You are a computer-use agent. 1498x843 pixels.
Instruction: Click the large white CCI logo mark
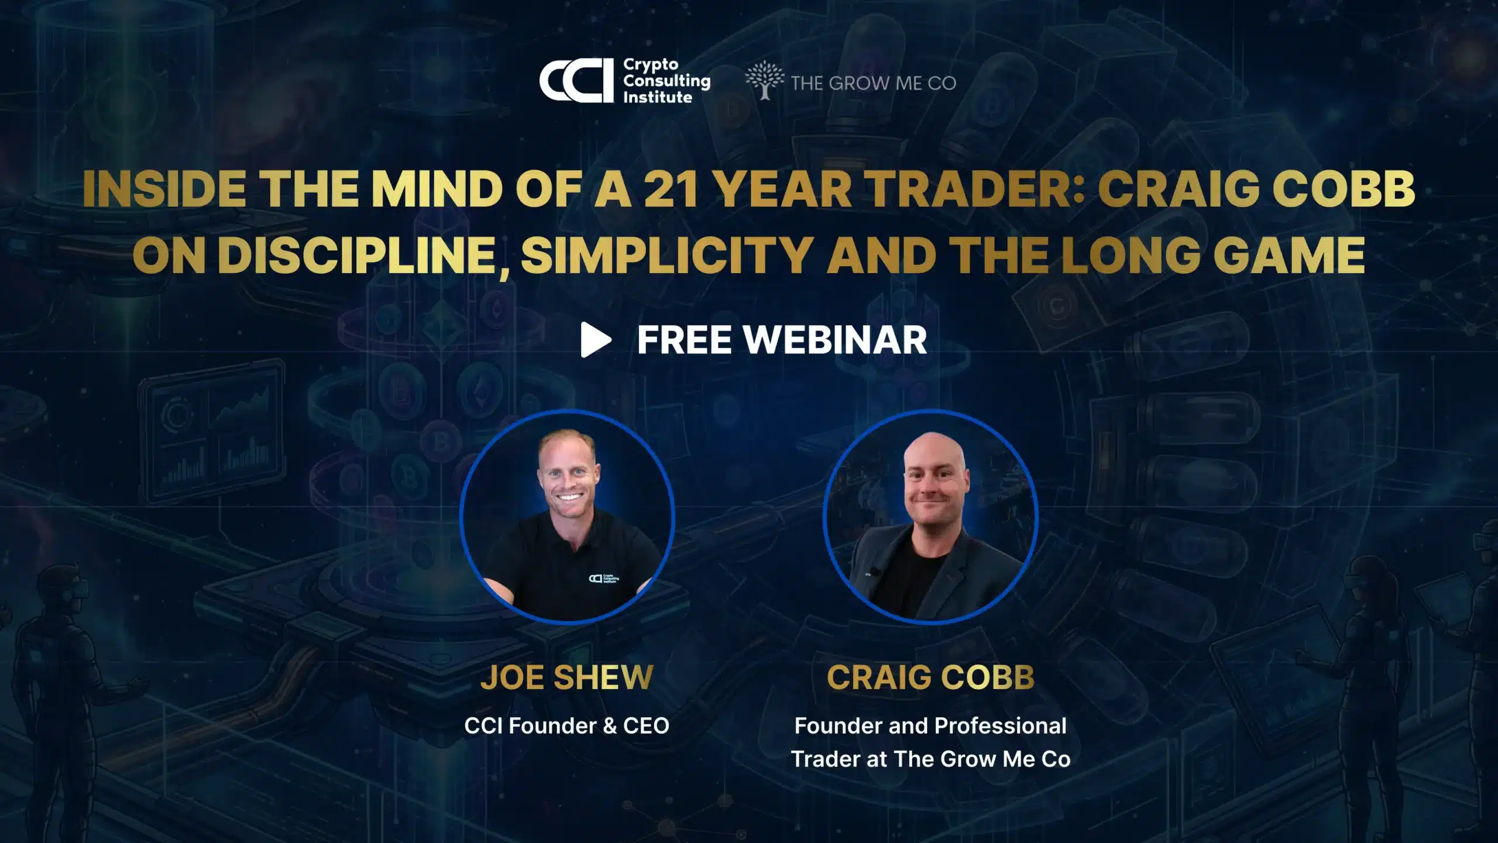click(x=576, y=81)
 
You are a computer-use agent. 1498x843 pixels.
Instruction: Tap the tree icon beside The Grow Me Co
click(x=764, y=80)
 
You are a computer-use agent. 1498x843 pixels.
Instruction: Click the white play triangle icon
click(x=596, y=339)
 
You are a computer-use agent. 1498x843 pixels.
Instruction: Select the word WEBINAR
click(x=835, y=340)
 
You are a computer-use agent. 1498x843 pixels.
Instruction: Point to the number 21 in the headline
click(x=671, y=189)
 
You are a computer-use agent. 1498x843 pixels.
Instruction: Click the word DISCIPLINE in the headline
click(x=363, y=256)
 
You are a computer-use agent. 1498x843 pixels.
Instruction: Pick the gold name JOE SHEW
click(x=566, y=677)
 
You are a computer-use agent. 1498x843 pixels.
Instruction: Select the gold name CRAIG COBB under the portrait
click(x=930, y=677)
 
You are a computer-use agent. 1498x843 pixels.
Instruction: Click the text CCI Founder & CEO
click(x=566, y=725)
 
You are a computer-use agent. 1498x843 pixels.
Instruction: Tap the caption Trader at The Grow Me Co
click(x=930, y=759)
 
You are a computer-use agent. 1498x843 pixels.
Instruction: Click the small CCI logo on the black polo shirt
click(x=603, y=579)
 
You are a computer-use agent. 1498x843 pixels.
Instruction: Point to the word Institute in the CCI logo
click(x=657, y=97)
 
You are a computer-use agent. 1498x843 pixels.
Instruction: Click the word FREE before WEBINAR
click(x=684, y=340)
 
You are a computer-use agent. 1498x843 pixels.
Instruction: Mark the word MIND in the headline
click(x=437, y=189)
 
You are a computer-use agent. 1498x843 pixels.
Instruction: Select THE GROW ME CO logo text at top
click(x=873, y=83)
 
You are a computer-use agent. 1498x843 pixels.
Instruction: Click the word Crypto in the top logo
click(x=650, y=65)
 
